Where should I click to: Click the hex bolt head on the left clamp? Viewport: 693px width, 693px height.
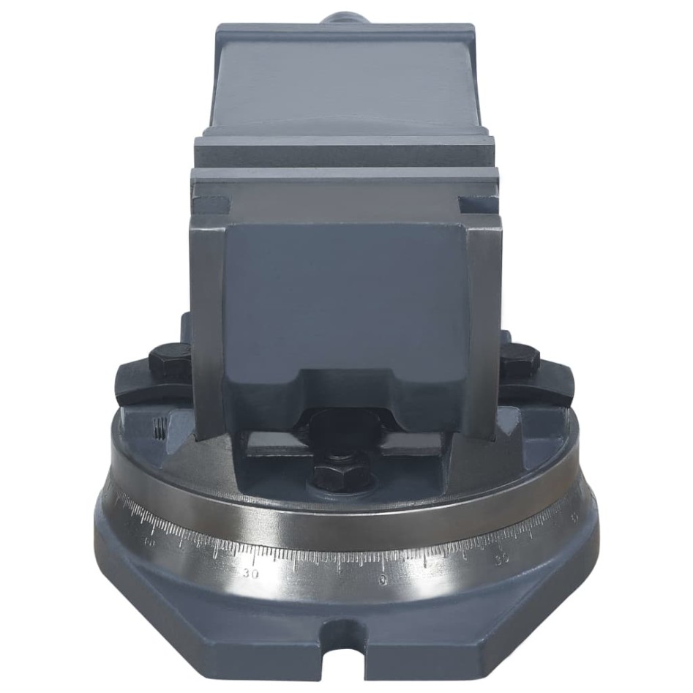tap(169, 359)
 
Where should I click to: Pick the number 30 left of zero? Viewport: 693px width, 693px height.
tap(252, 573)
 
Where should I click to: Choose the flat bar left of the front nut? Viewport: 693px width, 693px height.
tap(274, 445)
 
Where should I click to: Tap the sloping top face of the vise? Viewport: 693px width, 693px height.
tap(344, 80)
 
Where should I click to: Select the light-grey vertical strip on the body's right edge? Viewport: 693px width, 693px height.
tap(483, 322)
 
